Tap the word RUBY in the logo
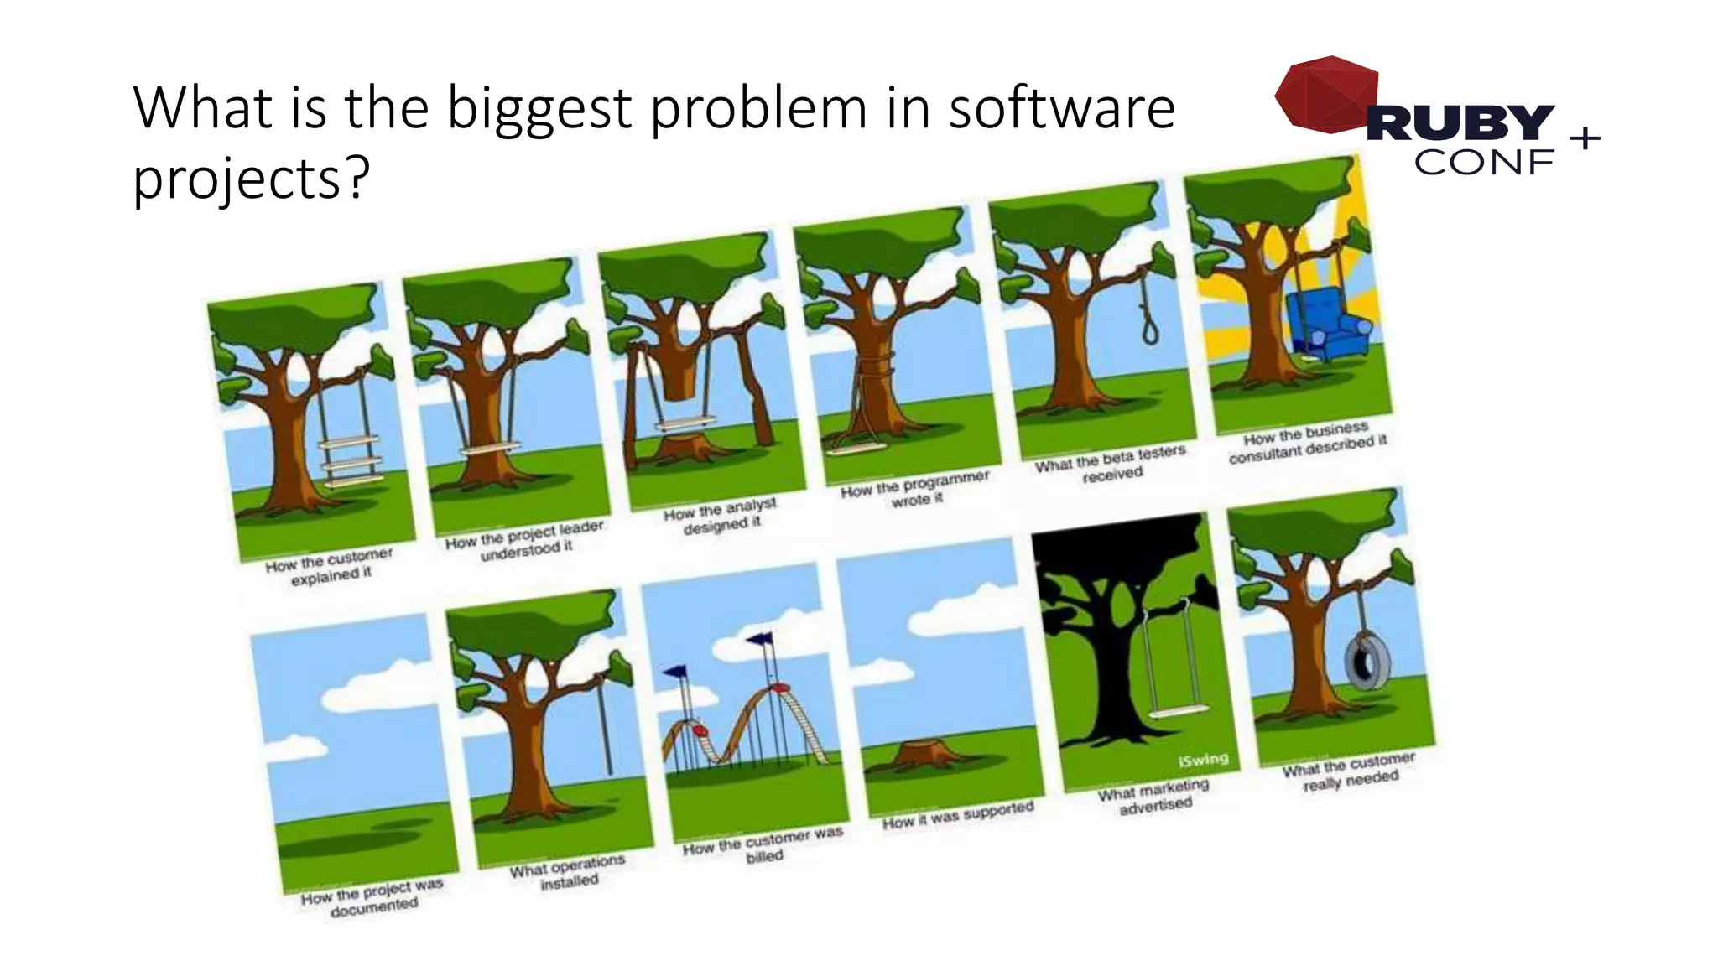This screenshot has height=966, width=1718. click(1460, 123)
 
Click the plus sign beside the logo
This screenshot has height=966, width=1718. click(1585, 138)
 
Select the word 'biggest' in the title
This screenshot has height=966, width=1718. click(539, 108)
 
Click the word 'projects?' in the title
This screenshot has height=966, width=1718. click(251, 178)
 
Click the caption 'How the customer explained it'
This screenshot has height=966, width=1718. click(330, 566)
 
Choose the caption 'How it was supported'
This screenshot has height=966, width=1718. click(958, 815)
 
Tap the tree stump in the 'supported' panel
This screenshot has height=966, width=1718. click(921, 753)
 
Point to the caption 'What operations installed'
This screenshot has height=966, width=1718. click(568, 872)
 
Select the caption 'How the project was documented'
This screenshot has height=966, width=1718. click(372, 898)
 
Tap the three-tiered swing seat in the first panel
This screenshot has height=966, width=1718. click(351, 462)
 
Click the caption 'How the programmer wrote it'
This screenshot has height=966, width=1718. click(916, 489)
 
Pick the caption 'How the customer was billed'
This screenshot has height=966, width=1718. click(763, 845)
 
